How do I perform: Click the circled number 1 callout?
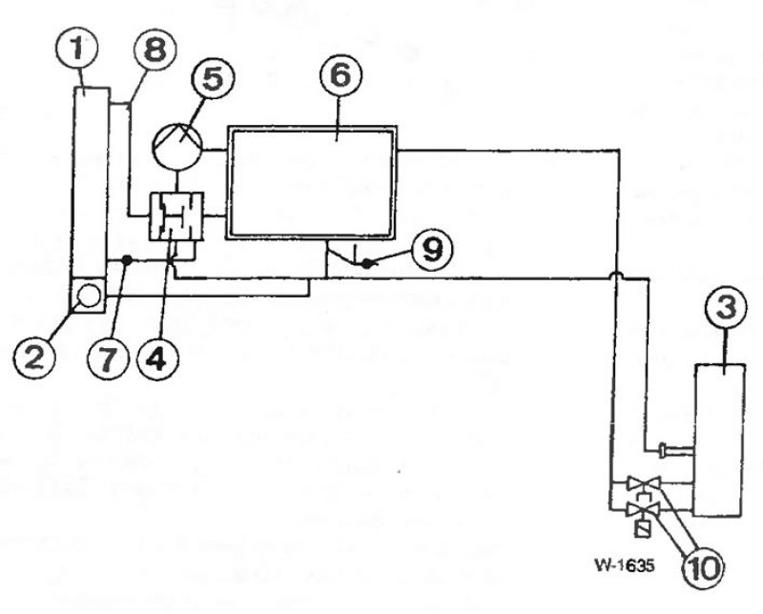coord(77,49)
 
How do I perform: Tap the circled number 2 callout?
coord(34,359)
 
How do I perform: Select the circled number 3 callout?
coord(726,308)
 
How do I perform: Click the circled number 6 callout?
coord(340,75)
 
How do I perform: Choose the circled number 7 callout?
coord(109,359)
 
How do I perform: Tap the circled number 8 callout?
coord(155,51)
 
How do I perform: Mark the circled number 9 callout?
coord(432,249)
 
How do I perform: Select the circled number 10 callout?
coord(704,567)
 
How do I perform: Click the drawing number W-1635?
coord(625,565)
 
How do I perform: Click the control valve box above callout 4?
coord(175,216)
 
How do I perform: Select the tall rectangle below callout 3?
coord(719,440)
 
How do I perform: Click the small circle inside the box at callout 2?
coord(89,297)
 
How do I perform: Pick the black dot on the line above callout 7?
coord(127,261)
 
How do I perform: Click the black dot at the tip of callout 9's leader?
coord(367,264)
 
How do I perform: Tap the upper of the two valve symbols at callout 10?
coord(643,483)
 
